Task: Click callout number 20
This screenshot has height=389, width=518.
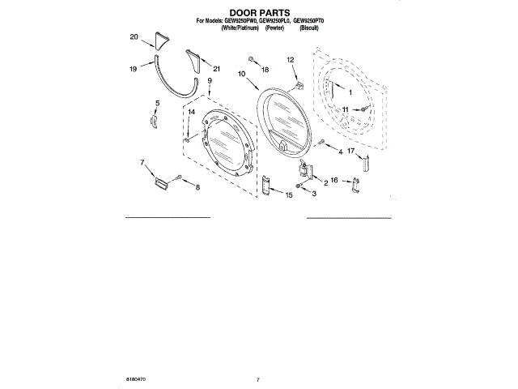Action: pos(134,37)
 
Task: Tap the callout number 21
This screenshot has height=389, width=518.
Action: pos(216,70)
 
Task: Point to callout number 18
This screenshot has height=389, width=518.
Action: pos(264,71)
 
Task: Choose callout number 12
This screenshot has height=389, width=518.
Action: pos(290,60)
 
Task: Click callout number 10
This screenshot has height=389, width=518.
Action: pos(241,74)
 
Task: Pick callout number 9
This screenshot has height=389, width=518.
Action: pos(209,81)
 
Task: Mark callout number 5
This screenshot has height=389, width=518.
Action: pos(157,103)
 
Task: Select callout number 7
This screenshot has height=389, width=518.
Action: pos(143,163)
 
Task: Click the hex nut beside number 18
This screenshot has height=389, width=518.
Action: pos(252,60)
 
